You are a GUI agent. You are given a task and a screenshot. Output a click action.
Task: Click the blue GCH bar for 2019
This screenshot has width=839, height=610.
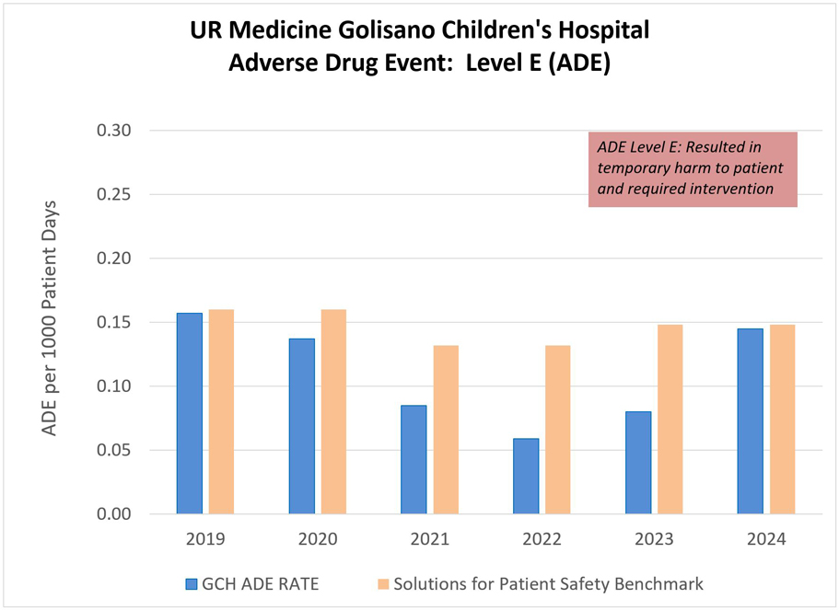click(x=190, y=413)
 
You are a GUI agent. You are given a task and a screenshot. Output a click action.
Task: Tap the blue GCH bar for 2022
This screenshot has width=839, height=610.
click(x=526, y=476)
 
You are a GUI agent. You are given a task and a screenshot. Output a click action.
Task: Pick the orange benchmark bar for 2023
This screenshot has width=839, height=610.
click(x=670, y=419)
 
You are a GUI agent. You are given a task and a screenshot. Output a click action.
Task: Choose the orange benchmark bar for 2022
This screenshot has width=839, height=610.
click(x=558, y=429)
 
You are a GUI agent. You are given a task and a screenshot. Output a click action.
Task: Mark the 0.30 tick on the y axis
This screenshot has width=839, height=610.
click(x=115, y=131)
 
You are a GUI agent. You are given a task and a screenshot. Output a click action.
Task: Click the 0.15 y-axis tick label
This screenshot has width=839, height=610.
click(x=115, y=322)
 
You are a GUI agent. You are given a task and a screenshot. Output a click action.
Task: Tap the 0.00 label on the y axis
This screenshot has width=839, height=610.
click(x=115, y=513)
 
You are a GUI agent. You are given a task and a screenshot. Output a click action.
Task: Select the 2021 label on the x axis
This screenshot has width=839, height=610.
click(x=430, y=539)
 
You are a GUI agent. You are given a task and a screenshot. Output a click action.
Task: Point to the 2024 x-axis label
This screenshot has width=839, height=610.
click(x=767, y=539)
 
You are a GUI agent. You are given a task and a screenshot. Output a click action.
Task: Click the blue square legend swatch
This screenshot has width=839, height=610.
click(x=191, y=583)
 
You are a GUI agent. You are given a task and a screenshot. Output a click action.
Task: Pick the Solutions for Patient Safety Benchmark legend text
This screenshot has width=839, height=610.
click(x=549, y=583)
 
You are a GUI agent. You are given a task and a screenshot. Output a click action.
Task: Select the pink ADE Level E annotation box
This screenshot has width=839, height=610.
click(x=693, y=169)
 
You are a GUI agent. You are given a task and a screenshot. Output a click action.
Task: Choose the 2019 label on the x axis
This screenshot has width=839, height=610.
click(x=205, y=539)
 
